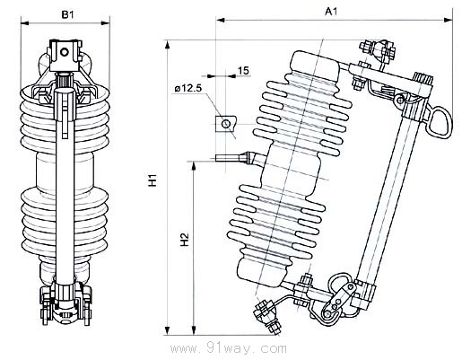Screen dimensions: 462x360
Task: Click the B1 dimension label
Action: click(67, 14)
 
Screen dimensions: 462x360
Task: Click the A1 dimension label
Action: click(331, 12)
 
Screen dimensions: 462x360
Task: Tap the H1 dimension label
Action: click(153, 181)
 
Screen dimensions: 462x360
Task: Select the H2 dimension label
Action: click(185, 239)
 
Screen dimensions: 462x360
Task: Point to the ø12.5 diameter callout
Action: click(188, 88)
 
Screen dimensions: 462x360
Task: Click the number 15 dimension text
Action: click(243, 71)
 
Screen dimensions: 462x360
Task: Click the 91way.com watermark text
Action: click(228, 349)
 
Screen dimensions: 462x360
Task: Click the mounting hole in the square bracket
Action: click(226, 123)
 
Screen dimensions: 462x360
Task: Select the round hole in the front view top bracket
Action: click(65, 52)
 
